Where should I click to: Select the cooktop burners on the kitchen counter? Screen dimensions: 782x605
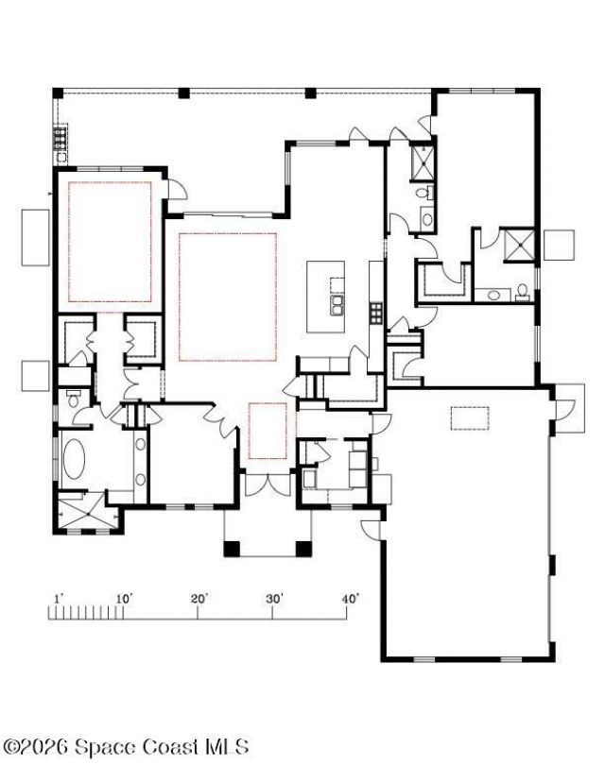(x=375, y=311)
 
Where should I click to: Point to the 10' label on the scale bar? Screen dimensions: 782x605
(x=123, y=599)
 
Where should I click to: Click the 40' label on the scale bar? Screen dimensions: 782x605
(x=350, y=599)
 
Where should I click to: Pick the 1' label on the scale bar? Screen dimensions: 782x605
(x=57, y=599)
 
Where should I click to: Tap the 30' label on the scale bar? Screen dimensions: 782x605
(x=274, y=599)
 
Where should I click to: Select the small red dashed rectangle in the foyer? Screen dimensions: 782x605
(x=268, y=431)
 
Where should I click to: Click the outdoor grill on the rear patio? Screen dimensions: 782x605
(x=60, y=141)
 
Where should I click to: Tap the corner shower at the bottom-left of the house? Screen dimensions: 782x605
(x=82, y=511)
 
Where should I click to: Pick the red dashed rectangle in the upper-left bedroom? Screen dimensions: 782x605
(x=110, y=243)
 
